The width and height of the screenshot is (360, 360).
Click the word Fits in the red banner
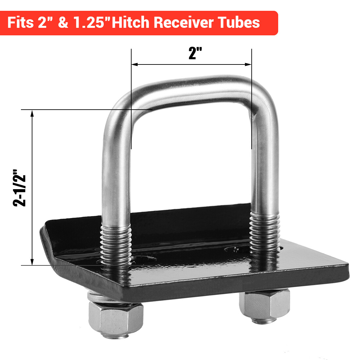point(20,23)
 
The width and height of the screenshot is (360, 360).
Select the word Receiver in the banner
point(184,23)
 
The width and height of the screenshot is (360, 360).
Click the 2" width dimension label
point(195,53)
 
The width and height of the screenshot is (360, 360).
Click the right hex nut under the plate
point(264,305)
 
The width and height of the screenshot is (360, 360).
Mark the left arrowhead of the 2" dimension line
point(134,64)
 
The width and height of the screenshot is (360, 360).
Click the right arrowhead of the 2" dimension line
point(249,64)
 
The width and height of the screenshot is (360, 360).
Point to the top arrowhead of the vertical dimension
point(32,113)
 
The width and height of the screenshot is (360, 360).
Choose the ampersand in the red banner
point(63,23)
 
